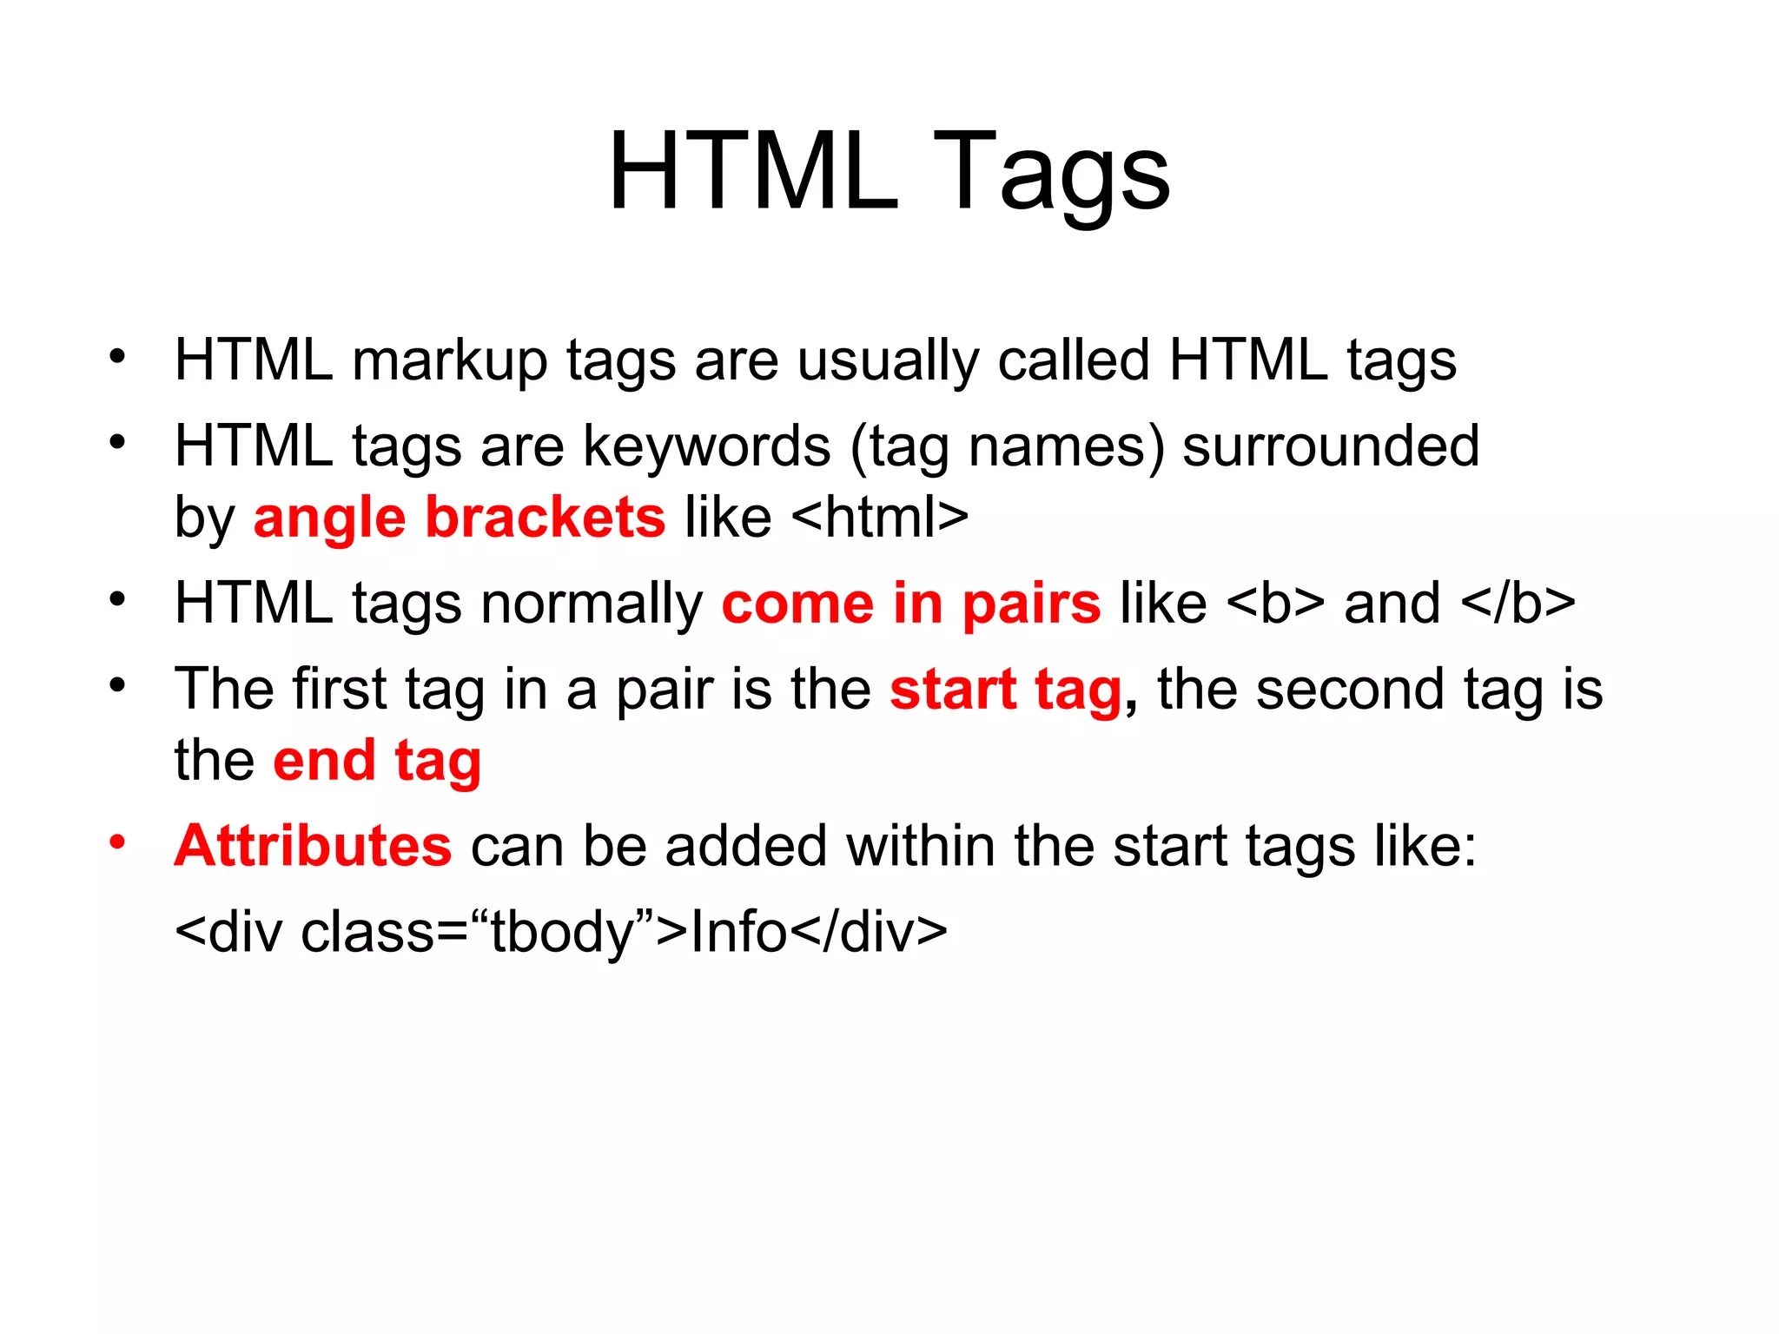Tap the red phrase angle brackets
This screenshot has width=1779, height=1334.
click(x=459, y=518)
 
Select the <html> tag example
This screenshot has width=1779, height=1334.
click(x=880, y=518)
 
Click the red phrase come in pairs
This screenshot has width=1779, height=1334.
click(x=910, y=604)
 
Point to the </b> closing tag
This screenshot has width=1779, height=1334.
click(x=1518, y=604)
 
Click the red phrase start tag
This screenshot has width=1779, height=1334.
click(x=1005, y=690)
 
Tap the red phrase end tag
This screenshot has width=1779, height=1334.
click(x=376, y=762)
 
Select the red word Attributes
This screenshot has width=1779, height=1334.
click(x=313, y=846)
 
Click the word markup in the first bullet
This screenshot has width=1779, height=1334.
click(x=449, y=361)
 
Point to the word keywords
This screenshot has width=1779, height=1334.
click(x=706, y=447)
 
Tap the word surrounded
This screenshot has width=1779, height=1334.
click(x=1330, y=447)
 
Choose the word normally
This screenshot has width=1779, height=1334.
click(x=591, y=605)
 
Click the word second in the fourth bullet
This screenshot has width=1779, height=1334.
click(x=1350, y=690)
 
